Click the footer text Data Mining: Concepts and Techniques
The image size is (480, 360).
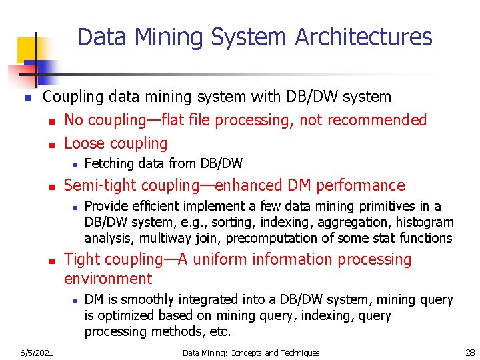(251, 352)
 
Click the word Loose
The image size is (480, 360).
(85, 143)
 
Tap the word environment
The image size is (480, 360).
(108, 279)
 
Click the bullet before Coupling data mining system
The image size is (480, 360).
(27, 98)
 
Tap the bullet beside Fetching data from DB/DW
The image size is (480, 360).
(76, 164)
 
